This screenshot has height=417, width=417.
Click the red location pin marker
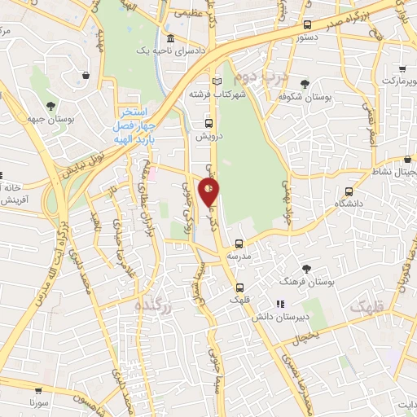point(210,193)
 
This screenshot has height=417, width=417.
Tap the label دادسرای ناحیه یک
point(142,50)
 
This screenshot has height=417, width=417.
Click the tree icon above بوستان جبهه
point(51,105)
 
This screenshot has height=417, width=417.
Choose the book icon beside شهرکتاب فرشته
point(216,81)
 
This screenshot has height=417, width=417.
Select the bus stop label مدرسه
point(239,256)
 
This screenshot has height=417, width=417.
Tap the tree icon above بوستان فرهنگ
point(306,268)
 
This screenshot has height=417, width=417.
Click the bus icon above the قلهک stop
point(241,288)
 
